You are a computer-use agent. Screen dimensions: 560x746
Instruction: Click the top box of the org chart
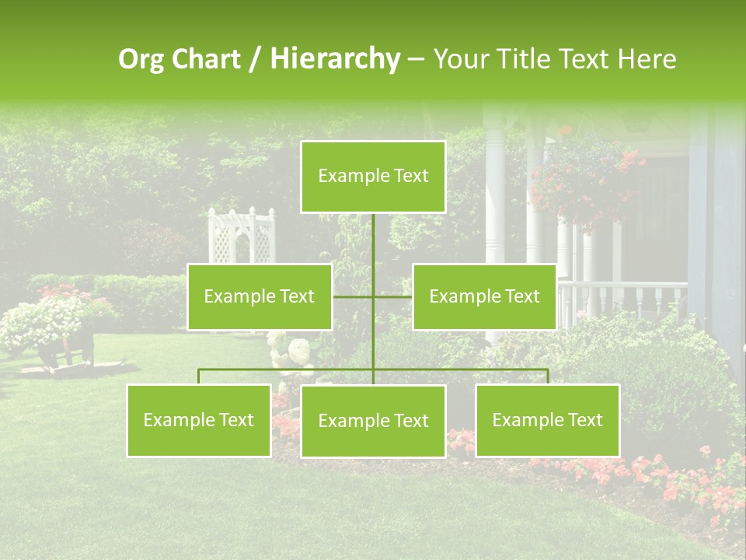click(x=373, y=177)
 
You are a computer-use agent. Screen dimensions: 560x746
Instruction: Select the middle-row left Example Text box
click(x=260, y=296)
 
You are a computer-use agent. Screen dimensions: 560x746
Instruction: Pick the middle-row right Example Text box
click(x=484, y=296)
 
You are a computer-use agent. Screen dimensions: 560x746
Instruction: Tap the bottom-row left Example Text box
click(x=199, y=420)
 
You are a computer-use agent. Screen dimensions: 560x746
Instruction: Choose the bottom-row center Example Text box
click(x=373, y=421)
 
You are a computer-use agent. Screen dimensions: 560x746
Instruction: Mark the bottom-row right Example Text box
click(x=547, y=420)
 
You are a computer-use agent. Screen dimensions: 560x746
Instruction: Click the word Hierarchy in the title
click(x=334, y=59)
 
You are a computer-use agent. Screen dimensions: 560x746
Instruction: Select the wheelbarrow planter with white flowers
click(x=54, y=327)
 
